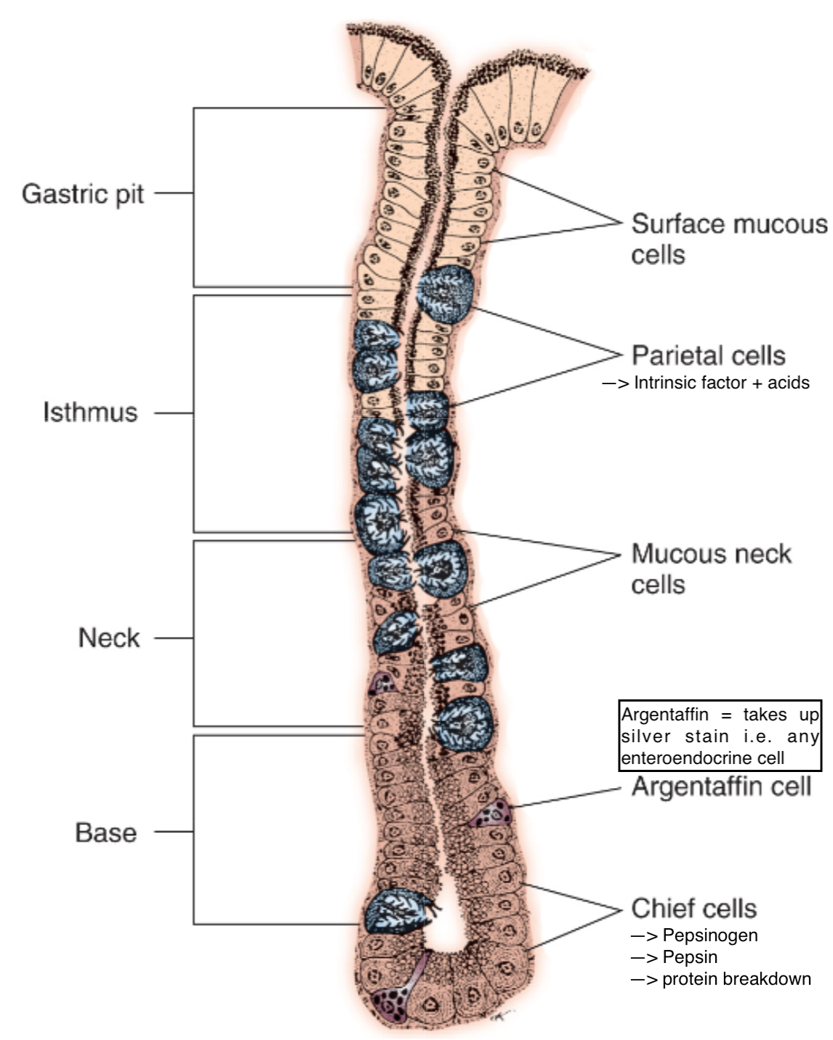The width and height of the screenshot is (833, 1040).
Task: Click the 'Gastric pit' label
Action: click(x=83, y=194)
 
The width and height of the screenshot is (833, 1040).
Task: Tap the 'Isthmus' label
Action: click(x=90, y=412)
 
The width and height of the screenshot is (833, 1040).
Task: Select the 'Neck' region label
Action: click(x=109, y=638)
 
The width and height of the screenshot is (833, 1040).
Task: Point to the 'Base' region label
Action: click(x=106, y=832)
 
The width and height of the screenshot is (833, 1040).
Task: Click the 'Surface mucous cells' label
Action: click(x=728, y=239)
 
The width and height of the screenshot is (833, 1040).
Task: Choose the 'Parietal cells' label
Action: click(x=709, y=355)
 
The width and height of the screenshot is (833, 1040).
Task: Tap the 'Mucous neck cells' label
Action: click(x=711, y=569)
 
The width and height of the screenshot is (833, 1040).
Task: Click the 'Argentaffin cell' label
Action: click(x=721, y=787)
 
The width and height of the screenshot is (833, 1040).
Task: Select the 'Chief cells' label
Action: click(x=694, y=908)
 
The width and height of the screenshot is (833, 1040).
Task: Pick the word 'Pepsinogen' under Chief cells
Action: click(x=710, y=935)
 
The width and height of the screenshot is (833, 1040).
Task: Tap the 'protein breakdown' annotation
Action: click(x=736, y=979)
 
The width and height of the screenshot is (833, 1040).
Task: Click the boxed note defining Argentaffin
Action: click(x=720, y=736)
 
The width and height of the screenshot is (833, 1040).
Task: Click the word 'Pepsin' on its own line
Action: click(x=690, y=957)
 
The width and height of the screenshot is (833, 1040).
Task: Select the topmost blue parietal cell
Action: click(x=445, y=293)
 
